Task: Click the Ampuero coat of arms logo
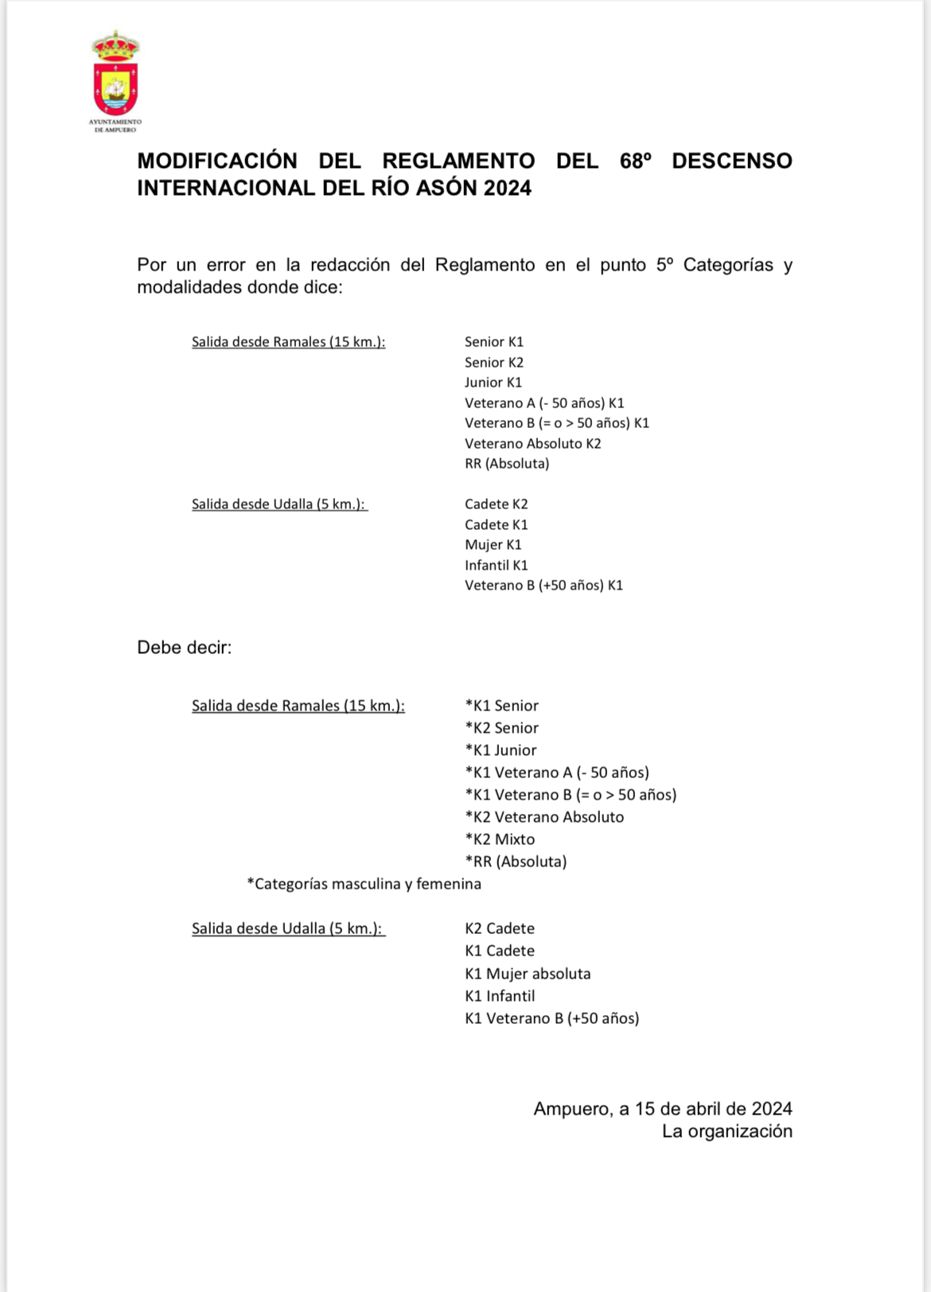click(x=115, y=76)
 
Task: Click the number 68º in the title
click(x=635, y=161)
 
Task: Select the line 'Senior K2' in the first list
click(x=494, y=362)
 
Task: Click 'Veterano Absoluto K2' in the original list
click(x=532, y=443)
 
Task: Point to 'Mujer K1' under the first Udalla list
click(x=493, y=544)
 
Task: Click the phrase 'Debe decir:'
click(x=184, y=648)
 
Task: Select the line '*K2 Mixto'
click(x=500, y=839)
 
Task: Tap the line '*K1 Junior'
click(x=501, y=750)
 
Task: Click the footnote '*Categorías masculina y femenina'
click(x=364, y=884)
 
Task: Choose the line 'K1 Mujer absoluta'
click(x=528, y=974)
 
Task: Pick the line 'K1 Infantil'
click(x=500, y=996)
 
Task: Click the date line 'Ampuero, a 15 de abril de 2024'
click(x=662, y=1109)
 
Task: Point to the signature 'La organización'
click(x=726, y=1131)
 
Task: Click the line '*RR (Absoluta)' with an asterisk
click(x=516, y=862)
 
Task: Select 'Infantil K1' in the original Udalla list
click(x=496, y=565)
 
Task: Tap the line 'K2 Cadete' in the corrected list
click(x=500, y=928)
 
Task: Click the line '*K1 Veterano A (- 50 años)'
click(x=557, y=772)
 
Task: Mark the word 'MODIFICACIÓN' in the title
click(x=217, y=161)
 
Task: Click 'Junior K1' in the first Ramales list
click(x=493, y=383)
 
